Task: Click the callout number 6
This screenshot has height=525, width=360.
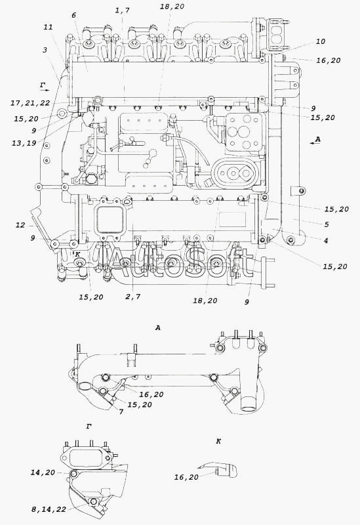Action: (74, 15)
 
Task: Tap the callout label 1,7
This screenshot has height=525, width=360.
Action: (123, 10)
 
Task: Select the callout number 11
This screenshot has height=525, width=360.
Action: (48, 27)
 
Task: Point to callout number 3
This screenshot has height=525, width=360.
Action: (45, 50)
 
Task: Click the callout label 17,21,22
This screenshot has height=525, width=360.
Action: (30, 103)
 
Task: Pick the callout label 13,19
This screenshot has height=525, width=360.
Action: (24, 143)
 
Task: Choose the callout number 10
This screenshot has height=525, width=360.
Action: (320, 41)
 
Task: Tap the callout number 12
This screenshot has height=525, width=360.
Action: (20, 225)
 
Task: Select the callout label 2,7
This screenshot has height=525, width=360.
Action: (133, 297)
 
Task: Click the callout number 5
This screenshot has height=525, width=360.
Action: (327, 224)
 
